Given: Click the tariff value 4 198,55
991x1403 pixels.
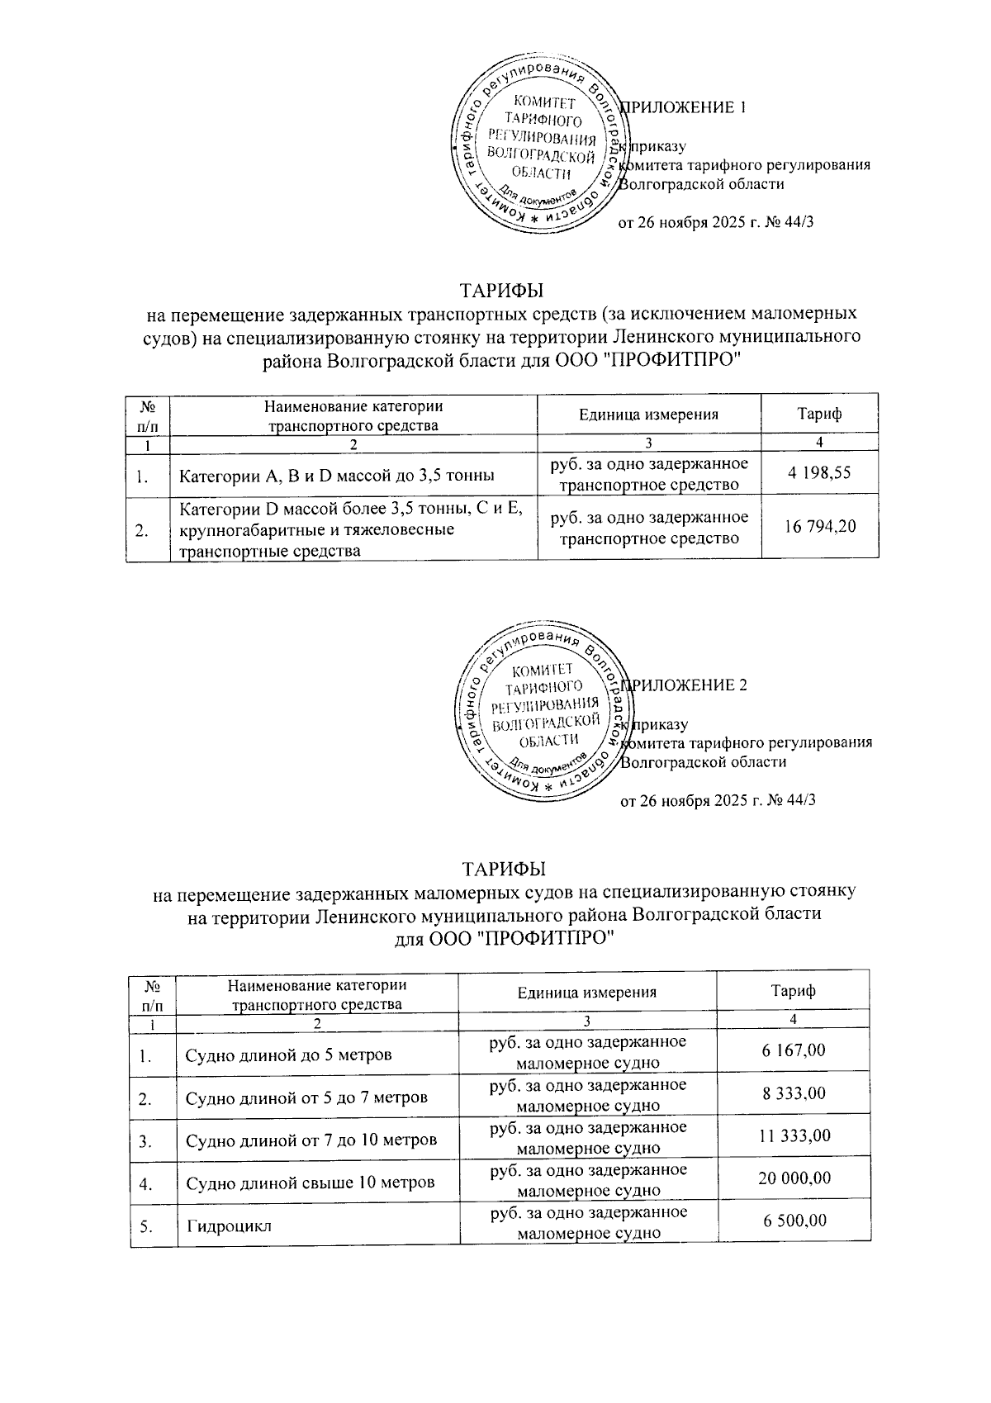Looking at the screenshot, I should coord(819,473).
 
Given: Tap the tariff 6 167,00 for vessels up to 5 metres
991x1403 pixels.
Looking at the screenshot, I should coord(793,1050).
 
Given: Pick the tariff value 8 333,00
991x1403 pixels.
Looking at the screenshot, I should coord(793,1093).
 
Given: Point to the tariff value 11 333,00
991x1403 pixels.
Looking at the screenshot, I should coord(794,1136).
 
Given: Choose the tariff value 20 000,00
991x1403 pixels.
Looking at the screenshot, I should coord(794,1178).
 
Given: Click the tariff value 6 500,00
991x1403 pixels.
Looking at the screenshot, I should coord(794,1221).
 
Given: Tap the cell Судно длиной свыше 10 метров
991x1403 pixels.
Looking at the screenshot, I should coord(310,1183).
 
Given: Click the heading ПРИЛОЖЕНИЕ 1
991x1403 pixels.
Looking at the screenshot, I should coord(685,107).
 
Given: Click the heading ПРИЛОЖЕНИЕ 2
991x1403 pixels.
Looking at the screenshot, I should coord(685,685).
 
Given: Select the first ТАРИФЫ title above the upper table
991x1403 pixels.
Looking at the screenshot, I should coord(502,291).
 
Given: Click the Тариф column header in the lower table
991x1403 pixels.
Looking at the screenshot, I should coord(792,991).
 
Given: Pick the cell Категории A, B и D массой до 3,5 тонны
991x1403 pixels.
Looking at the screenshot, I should coord(337,476).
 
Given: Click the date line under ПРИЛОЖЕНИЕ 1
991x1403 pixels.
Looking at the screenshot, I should coord(717,222).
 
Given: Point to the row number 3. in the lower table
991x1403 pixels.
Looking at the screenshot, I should coord(146,1141).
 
